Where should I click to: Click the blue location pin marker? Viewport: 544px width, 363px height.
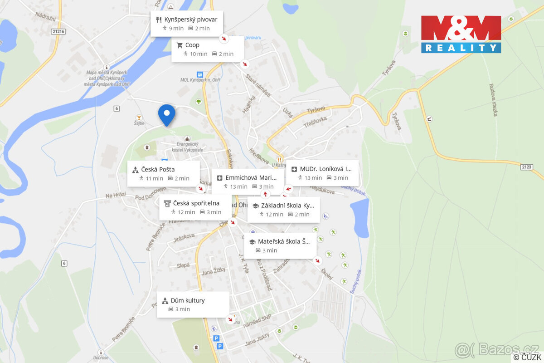(166, 113)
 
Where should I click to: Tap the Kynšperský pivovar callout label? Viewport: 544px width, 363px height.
(186, 24)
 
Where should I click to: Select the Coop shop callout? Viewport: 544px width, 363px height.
(207, 49)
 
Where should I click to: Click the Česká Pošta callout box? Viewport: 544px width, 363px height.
(163, 173)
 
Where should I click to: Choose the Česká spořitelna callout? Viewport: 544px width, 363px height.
(195, 207)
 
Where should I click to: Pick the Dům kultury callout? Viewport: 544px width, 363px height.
(193, 304)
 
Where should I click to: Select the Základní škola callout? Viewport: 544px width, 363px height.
(283, 210)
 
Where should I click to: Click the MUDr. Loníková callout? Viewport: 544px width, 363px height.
(322, 173)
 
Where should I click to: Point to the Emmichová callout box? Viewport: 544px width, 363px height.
(248, 181)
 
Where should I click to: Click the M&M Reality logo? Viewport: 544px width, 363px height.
(461, 34)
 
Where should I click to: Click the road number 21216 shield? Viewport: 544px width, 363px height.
(58, 31)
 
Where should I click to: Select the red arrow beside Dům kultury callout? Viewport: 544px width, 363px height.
(230, 319)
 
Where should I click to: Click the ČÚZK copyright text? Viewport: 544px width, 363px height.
(527, 358)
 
